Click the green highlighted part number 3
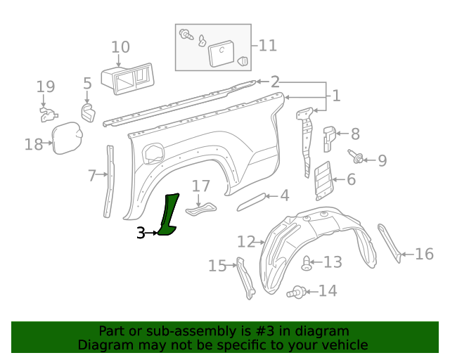[x=169, y=214]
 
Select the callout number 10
[x=120, y=48]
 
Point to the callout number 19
[x=46, y=87]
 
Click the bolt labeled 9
[x=355, y=157]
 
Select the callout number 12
[x=245, y=242]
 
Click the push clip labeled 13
[x=306, y=264]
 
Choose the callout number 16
[x=424, y=254]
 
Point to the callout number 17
[x=201, y=186]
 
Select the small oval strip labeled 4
[x=252, y=202]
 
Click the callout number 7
[x=92, y=176]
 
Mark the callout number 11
[x=267, y=46]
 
